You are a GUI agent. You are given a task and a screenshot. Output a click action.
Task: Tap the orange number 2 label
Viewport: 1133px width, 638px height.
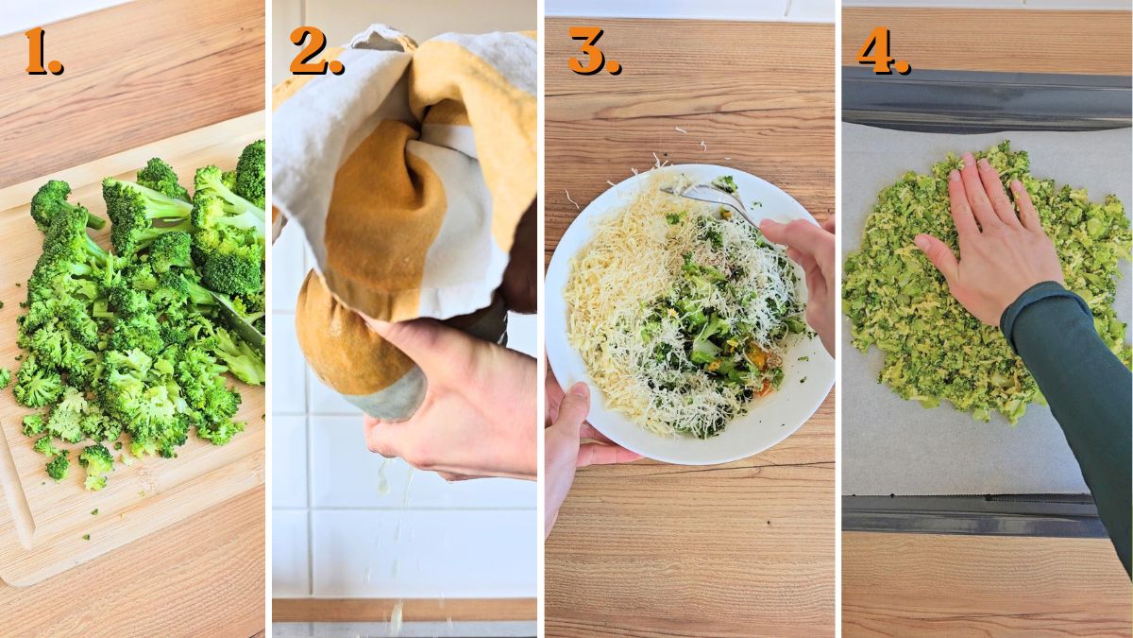point(315,51)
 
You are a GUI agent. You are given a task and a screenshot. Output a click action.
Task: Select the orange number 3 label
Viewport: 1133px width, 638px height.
point(593,51)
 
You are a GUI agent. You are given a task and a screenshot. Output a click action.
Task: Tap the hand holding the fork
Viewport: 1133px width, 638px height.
point(803,265)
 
